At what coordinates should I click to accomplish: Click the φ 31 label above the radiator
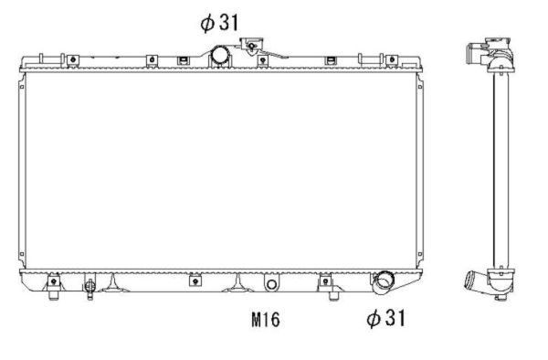pos(219,23)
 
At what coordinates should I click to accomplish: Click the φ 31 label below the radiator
pos(385,318)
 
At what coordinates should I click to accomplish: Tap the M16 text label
pos(264,320)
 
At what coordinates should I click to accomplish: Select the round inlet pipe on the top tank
pos(222,55)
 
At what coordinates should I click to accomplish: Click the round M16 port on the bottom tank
pos(270,284)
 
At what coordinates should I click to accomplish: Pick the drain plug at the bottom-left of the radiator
pos(90,288)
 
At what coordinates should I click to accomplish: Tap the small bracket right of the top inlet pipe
pos(262,60)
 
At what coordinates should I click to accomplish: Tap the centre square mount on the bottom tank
pos(195,281)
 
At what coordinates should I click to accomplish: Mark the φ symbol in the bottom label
pos(372,318)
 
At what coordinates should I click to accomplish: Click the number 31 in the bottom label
pos(393,318)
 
